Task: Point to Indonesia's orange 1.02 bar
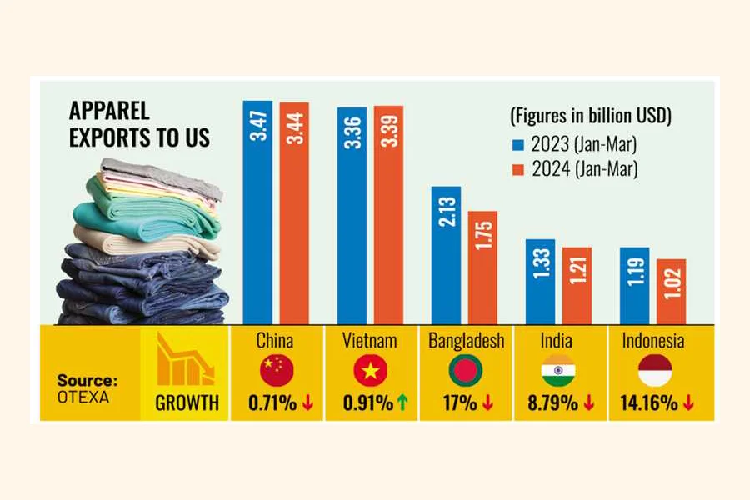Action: point(672,292)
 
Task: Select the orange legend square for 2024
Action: point(517,169)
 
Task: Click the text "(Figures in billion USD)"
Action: point(591,114)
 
